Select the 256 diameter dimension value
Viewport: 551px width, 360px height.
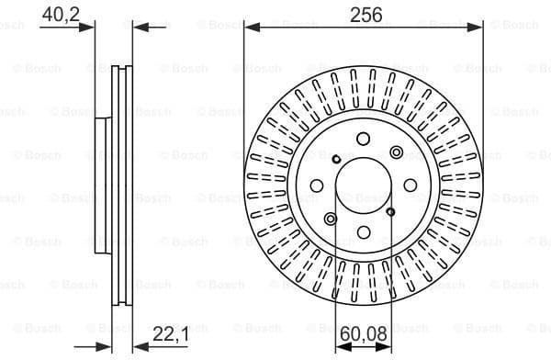pos(364,13)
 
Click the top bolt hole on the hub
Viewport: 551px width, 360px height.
pos(363,140)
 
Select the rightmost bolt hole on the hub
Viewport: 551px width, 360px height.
pos(410,186)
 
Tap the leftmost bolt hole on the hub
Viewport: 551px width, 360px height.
pos(317,186)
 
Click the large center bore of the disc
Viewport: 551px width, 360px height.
pos(363,186)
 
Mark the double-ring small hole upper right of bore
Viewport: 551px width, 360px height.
pos(396,152)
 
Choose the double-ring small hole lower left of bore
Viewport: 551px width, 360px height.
pos(331,219)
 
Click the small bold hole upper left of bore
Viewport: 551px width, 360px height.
pos(336,160)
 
